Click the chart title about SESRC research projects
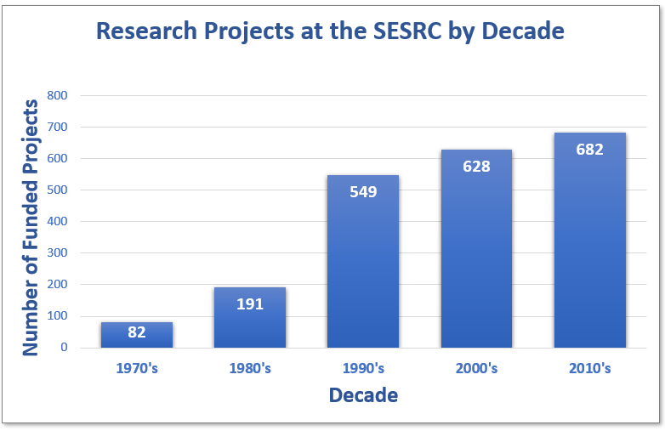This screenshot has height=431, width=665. coord(330,31)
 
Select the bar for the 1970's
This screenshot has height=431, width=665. coord(136,336)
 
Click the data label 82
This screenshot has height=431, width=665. coord(136,332)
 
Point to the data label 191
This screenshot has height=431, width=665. coord(250,303)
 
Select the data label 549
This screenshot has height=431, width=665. coord(363,191)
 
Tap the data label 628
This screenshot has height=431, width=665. coord(476,166)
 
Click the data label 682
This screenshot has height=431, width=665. coord(589,150)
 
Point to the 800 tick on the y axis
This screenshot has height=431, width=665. coord(57,95)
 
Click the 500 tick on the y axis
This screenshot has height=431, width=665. coord(57,190)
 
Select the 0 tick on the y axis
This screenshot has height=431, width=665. coord(63,348)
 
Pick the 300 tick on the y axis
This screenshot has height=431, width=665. coord(57,253)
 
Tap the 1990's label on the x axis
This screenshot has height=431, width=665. coord(363,369)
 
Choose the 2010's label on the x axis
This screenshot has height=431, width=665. coord(589,369)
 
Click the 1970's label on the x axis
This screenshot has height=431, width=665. coord(136,369)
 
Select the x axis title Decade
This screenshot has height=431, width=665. coord(363,395)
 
